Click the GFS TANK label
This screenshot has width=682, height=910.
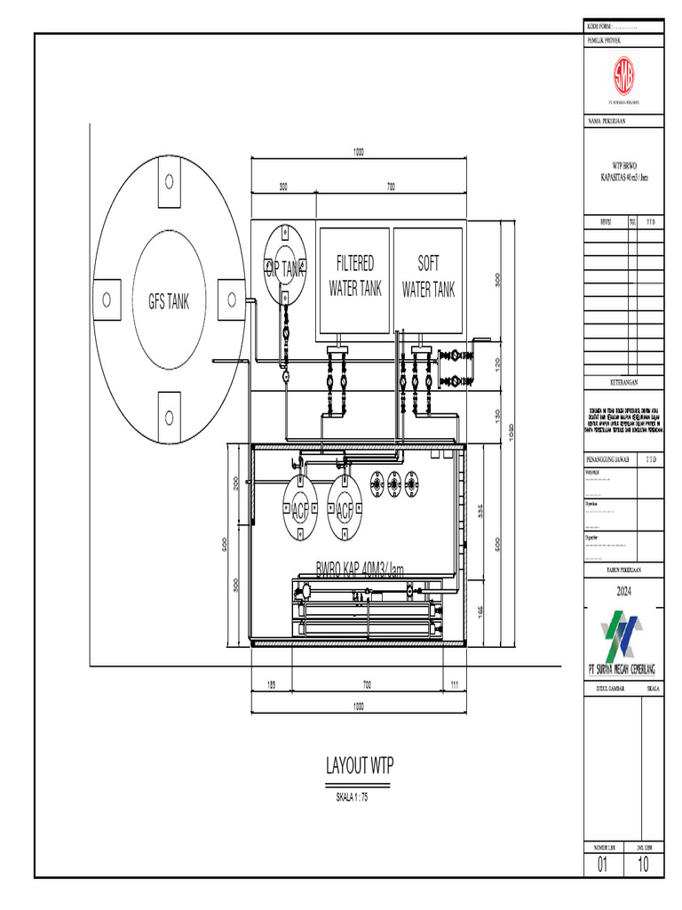(x=169, y=301)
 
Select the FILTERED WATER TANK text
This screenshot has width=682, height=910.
(x=355, y=276)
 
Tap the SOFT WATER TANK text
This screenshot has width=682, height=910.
(x=428, y=276)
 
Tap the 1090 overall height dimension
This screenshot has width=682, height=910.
(x=511, y=430)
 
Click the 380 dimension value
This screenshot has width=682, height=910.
(x=498, y=279)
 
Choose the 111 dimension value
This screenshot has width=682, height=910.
(x=454, y=683)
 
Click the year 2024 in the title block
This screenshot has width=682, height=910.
(x=623, y=591)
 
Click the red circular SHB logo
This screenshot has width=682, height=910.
(x=623, y=79)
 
